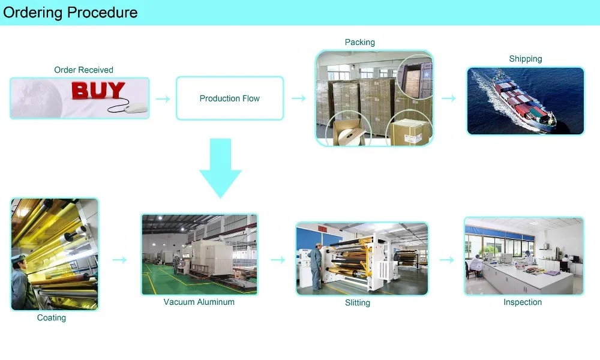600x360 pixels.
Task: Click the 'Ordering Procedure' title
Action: (70, 12)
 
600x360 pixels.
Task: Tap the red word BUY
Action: (98, 91)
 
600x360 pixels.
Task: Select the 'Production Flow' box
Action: (230, 98)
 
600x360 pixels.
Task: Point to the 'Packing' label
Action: (360, 42)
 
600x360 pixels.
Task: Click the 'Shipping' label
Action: (526, 59)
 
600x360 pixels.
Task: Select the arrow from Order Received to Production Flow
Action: (163, 98)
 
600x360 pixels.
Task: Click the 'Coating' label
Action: (52, 317)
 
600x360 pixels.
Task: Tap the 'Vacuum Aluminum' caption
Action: (199, 302)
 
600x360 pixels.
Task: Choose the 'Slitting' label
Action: (358, 303)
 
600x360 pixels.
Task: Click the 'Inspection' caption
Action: (523, 302)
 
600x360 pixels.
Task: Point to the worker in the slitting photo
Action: (317, 266)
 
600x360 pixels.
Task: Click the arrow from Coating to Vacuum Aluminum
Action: (120, 260)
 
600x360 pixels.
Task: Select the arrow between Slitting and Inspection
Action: (447, 260)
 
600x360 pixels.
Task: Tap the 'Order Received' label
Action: (83, 70)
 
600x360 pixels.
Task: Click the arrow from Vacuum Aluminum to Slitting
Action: (278, 260)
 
